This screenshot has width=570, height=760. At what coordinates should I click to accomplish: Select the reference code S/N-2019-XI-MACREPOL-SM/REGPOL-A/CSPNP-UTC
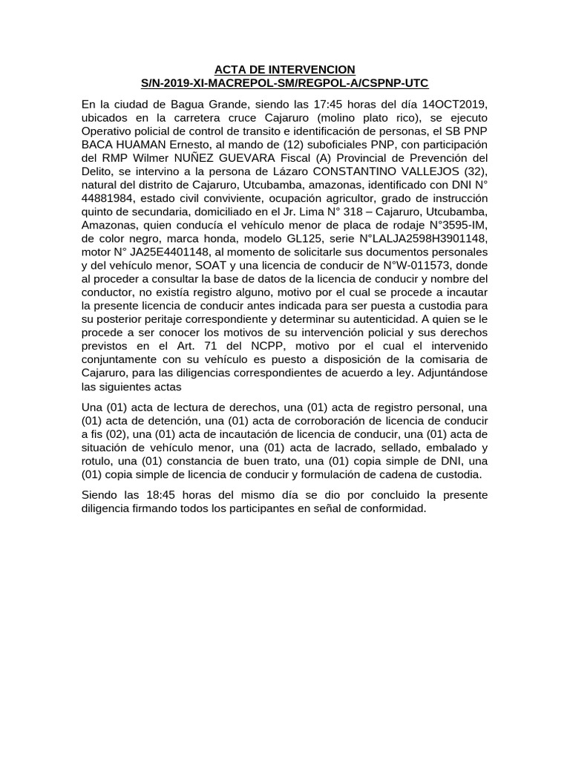(284, 83)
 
